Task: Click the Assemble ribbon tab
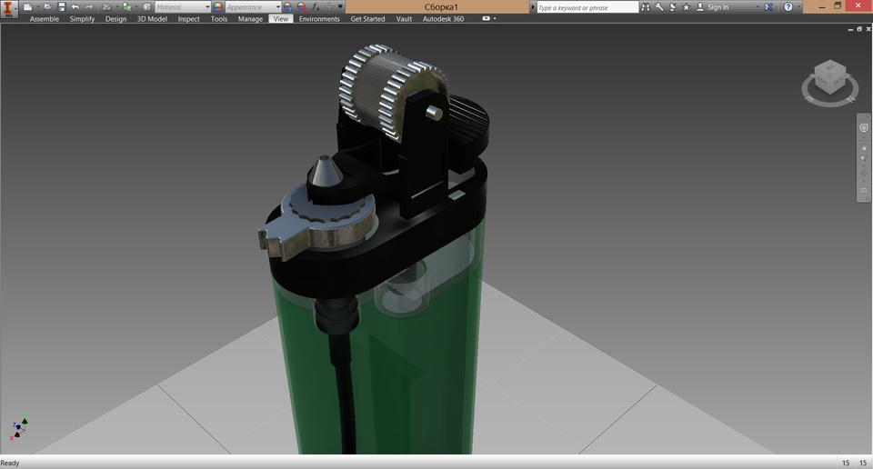point(45,19)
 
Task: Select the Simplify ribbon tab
point(82,19)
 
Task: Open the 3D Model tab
point(152,19)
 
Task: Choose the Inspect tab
point(188,19)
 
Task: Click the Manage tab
point(250,19)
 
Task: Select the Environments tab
point(319,19)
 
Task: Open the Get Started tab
point(367,19)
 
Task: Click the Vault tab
point(404,19)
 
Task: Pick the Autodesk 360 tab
point(443,19)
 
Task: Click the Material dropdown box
point(181,7)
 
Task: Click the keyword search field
point(587,7)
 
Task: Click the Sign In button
point(717,7)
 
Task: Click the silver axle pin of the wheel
point(435,113)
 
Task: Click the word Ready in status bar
point(10,463)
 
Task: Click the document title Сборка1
point(441,7)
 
